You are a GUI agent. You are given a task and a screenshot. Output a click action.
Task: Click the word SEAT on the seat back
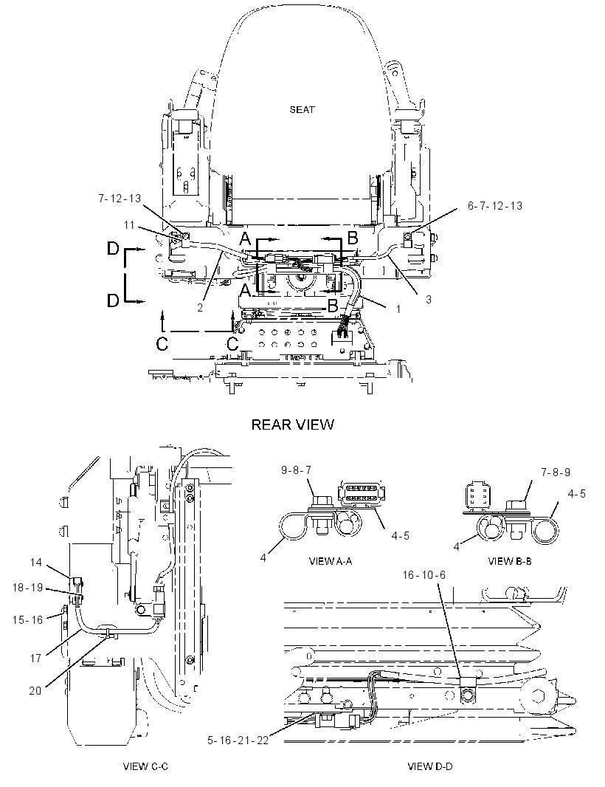tap(302, 109)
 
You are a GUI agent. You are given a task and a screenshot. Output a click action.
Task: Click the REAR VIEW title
tap(292, 425)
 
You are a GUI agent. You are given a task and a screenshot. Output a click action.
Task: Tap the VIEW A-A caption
tap(330, 561)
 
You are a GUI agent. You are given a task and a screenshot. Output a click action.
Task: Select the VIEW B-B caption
tap(510, 561)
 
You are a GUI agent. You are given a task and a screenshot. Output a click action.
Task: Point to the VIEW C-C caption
tap(145, 766)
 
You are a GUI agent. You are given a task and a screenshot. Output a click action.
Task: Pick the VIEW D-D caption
tap(430, 766)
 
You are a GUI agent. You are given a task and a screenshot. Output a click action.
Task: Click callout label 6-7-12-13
tap(495, 206)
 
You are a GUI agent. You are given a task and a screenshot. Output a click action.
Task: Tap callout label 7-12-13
tap(120, 199)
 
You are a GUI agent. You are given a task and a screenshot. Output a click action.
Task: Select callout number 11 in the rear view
tap(129, 225)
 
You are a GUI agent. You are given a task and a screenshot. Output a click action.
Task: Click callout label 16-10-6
tap(424, 574)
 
